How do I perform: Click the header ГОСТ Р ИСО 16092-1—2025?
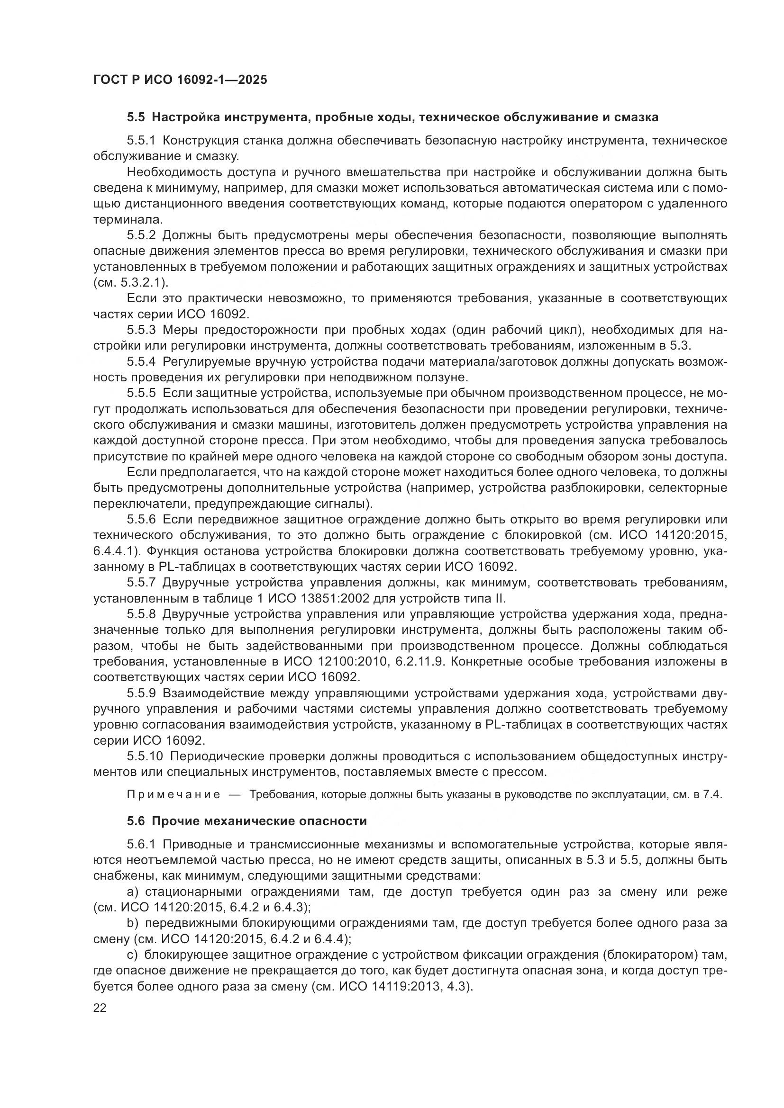coord(180,80)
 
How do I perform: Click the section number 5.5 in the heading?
coord(136,117)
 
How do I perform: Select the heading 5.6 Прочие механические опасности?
coord(246,821)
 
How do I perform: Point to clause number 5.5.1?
coord(141,141)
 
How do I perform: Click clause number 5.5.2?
coord(141,235)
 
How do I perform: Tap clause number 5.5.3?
coord(141,330)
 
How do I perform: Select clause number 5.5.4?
coord(141,361)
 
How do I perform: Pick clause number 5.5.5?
coord(141,393)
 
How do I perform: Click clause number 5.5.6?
coord(141,520)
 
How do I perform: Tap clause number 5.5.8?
coord(141,614)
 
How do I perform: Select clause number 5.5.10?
coord(145,756)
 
